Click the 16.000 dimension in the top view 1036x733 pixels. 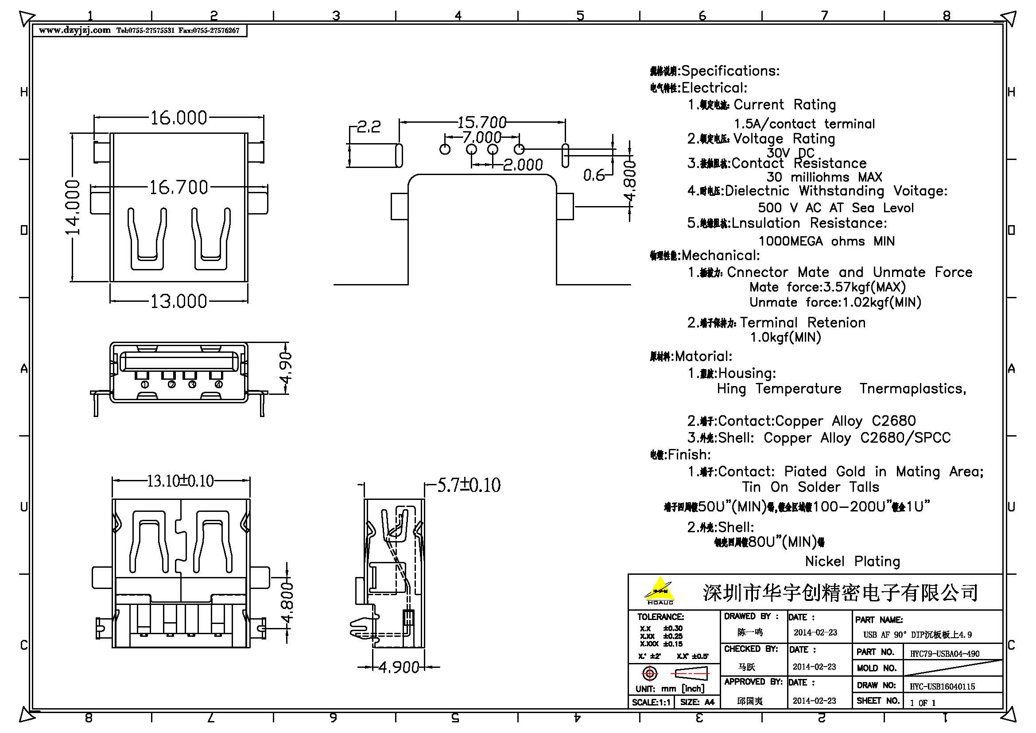(178, 118)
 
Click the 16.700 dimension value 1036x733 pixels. (178, 187)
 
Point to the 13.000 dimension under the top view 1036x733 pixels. (178, 301)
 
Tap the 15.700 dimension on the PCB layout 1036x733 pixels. (481, 122)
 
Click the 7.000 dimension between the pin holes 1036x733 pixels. (481, 137)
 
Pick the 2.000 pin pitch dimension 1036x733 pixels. (523, 165)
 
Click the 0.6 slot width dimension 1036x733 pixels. (594, 175)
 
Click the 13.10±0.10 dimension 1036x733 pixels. (180, 481)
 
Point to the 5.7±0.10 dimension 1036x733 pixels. (469, 486)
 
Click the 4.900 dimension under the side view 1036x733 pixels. (399, 667)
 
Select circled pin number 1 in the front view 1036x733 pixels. (145, 385)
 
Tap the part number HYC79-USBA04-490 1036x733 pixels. (944, 654)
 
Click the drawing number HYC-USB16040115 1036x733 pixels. (942, 686)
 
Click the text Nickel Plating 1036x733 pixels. (852, 561)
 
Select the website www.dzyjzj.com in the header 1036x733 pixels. (74, 30)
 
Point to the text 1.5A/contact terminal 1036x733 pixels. (804, 124)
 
